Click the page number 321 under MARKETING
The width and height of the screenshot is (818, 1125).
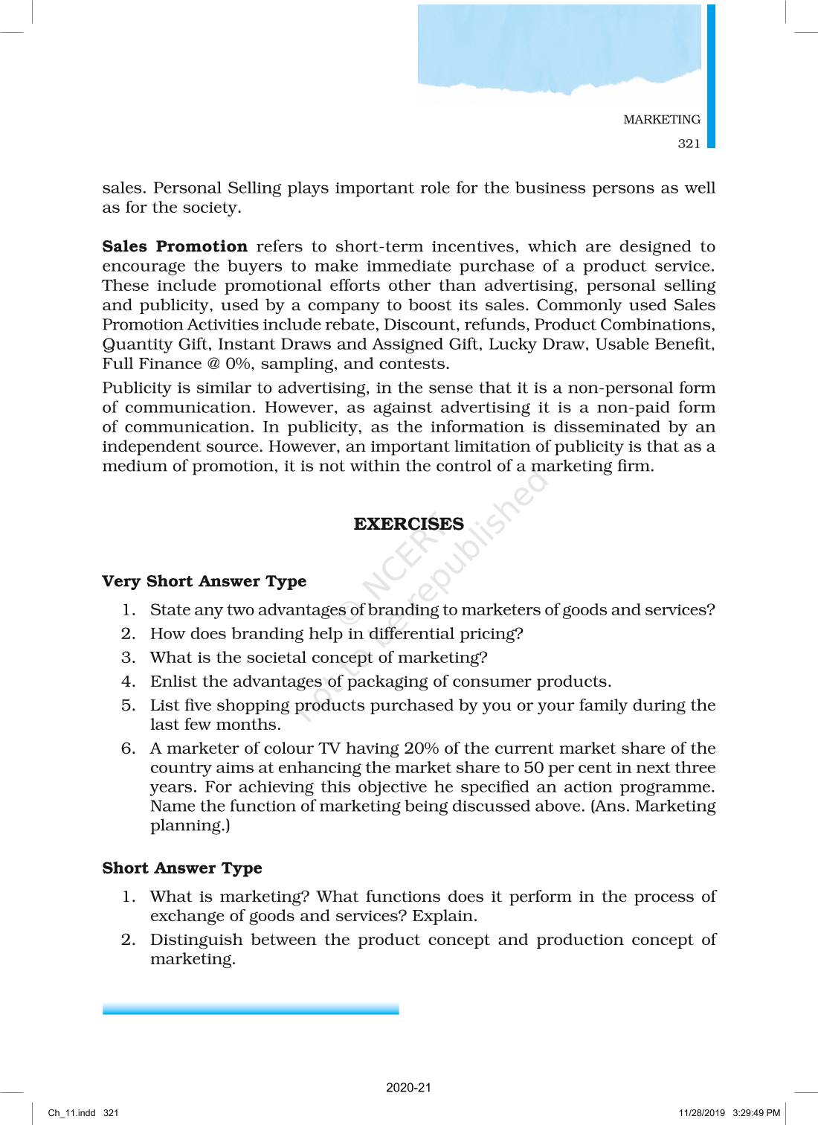tap(689, 144)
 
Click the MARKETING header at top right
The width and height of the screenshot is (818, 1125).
tap(661, 119)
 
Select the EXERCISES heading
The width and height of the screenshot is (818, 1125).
tap(408, 524)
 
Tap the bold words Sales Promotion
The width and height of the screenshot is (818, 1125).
tap(175, 246)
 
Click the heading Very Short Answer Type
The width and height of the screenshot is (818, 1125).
tap(204, 581)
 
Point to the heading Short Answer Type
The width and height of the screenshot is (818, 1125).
tap(182, 868)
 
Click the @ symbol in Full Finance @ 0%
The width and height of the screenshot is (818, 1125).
tap(213, 364)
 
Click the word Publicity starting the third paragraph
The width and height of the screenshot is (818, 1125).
tap(136, 388)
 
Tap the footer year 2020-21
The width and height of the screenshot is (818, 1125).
tap(408, 1087)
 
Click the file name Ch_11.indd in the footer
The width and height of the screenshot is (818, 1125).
tap(72, 1113)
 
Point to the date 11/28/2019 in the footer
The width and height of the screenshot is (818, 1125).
tap(701, 1113)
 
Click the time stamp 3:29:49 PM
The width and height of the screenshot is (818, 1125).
tap(756, 1113)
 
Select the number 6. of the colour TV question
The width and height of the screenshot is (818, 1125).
tap(128, 748)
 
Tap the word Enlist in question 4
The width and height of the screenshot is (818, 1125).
tap(174, 681)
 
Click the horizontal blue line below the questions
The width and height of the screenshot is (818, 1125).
tap(251, 1009)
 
